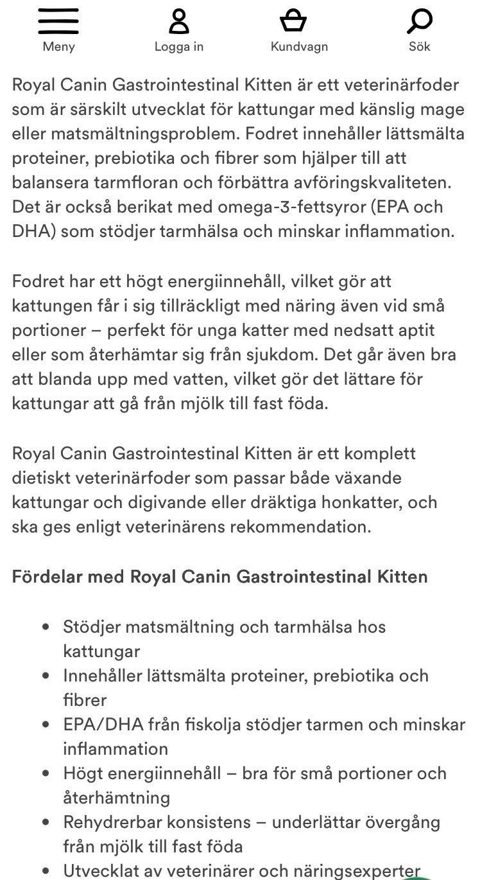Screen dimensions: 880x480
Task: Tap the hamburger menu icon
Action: [58, 21]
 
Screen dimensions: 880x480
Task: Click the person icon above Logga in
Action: [179, 21]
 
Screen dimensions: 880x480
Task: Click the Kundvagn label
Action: [299, 47]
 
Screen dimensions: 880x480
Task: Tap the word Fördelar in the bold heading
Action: [48, 576]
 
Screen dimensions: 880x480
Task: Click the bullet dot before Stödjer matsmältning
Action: [46, 627]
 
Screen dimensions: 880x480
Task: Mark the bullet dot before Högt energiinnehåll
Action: [46, 773]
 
